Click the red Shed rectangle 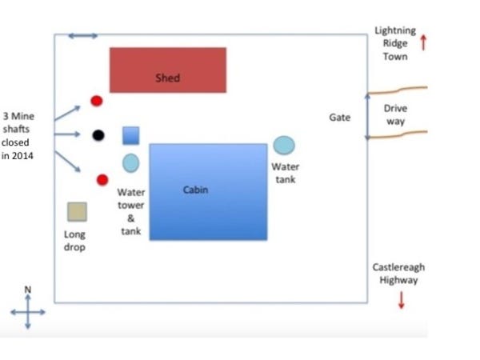(x=168, y=70)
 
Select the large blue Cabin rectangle (x=208, y=192)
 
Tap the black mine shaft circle (x=98, y=135)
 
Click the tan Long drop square (x=77, y=211)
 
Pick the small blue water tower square (x=131, y=135)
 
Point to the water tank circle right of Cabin (x=284, y=145)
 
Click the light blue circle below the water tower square (x=130, y=163)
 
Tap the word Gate (x=340, y=118)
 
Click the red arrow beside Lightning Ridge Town (x=423, y=42)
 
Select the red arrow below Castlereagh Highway (x=401, y=300)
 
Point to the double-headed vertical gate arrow (x=367, y=117)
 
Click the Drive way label (x=395, y=114)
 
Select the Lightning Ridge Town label (x=395, y=44)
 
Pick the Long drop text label (x=74, y=241)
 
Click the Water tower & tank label (x=131, y=211)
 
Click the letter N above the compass (x=28, y=289)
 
